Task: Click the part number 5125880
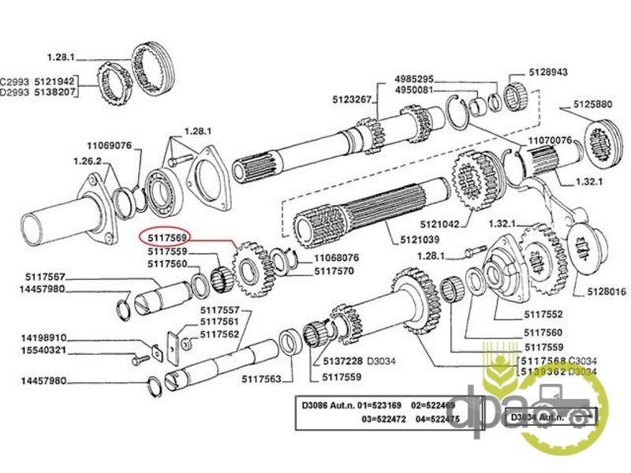592,104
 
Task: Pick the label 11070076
549,140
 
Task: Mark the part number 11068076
337,258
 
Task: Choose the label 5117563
262,379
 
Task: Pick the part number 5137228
343,360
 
